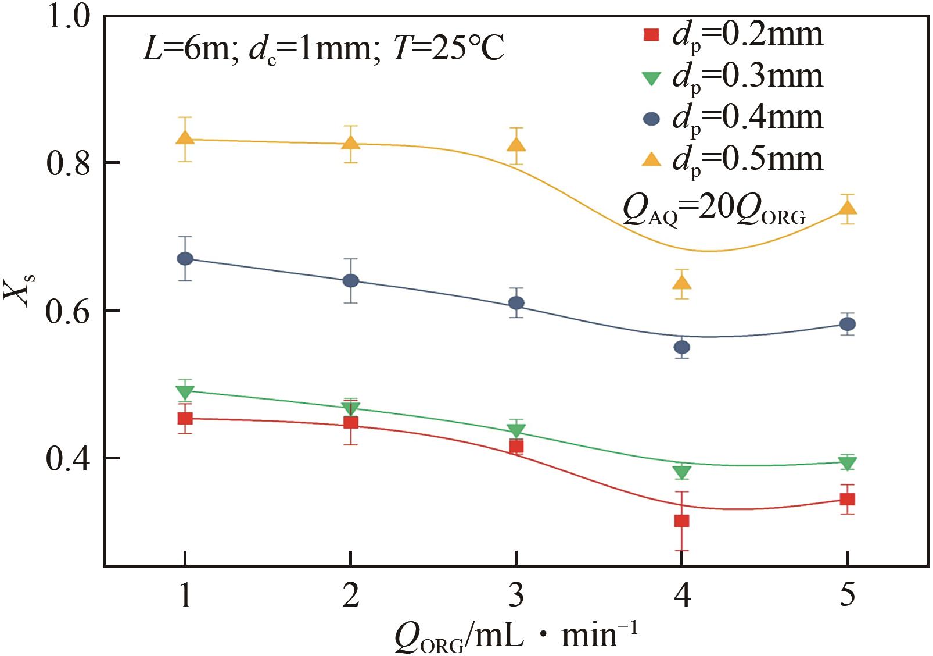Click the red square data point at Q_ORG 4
tap(681, 520)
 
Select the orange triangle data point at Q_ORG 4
tap(681, 283)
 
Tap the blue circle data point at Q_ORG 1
tap(185, 259)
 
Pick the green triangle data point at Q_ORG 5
tap(848, 464)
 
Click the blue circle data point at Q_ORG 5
tap(848, 324)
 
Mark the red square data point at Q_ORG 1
tap(185, 418)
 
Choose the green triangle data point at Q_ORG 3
tap(516, 431)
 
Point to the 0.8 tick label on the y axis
tap(69, 163)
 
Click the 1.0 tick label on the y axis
tap(69, 16)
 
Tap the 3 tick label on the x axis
tap(516, 595)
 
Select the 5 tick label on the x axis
tap(848, 595)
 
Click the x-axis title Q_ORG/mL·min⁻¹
tap(516, 636)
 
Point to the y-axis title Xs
tap(19, 289)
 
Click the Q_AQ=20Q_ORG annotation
tap(713, 211)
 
